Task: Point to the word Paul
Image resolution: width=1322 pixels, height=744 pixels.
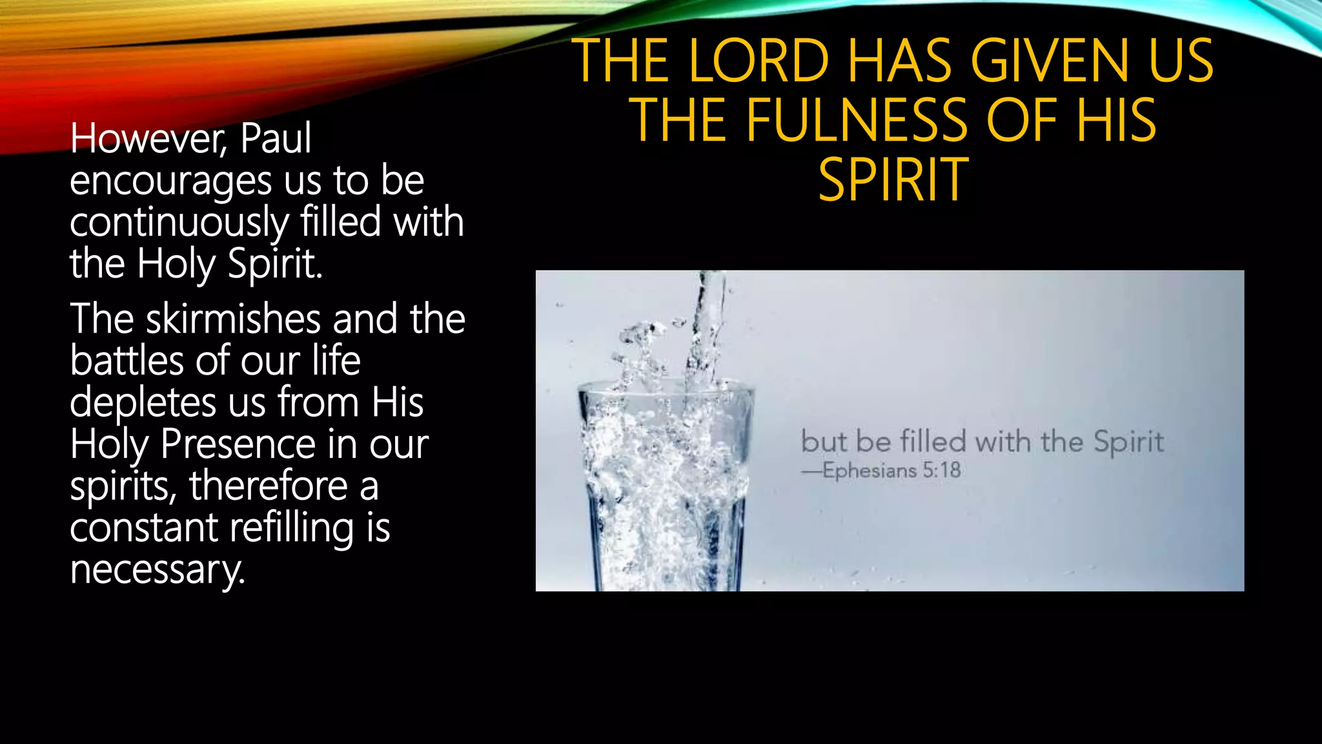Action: point(276,138)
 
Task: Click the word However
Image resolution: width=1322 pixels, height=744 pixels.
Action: point(148,138)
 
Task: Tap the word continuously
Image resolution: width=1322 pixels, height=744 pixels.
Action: point(179,223)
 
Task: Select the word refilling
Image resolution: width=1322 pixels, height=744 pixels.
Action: point(292,528)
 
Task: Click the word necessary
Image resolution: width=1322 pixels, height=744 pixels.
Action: point(157,570)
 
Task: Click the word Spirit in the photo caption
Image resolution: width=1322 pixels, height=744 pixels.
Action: point(1128,442)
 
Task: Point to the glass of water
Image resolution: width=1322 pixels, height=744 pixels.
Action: point(665,491)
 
